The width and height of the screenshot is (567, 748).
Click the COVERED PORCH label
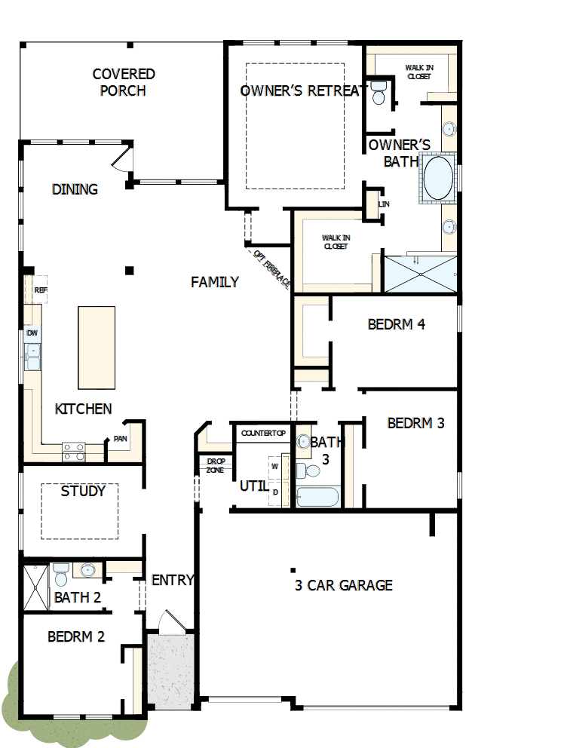[124, 82]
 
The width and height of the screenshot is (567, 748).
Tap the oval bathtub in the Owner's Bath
[438, 178]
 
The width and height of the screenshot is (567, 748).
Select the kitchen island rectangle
[97, 346]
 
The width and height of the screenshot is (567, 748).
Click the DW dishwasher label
[32, 333]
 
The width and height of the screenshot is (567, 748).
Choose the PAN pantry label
[120, 439]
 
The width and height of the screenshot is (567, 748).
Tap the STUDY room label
[83, 491]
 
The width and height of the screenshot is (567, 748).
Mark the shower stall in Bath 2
[35, 587]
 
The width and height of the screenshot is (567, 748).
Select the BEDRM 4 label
[397, 324]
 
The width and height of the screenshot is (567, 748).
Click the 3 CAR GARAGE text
[344, 585]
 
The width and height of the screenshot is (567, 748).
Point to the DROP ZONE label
[215, 465]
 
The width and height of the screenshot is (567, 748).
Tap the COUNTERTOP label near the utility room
[263, 433]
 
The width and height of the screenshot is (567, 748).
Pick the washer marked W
[274, 466]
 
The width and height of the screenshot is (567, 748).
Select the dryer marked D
[274, 492]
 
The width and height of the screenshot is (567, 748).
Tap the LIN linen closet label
[384, 204]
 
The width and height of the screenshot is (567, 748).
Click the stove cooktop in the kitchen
[73, 451]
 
